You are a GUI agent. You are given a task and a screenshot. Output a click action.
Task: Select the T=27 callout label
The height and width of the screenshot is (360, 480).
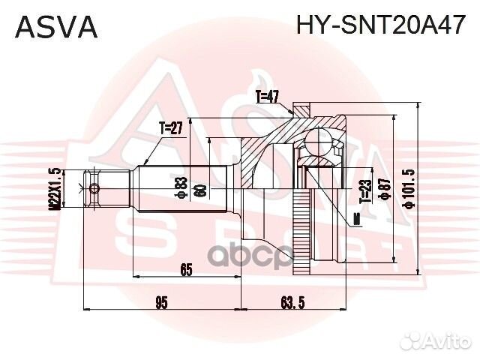171,128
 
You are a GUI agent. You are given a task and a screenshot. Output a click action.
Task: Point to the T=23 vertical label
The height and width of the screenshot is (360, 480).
363,191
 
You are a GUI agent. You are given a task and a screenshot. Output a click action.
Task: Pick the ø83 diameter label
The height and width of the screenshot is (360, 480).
181,186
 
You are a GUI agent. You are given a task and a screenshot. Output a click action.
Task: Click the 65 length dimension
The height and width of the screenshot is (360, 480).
186,268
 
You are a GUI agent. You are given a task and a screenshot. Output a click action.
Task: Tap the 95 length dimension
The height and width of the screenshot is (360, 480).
160,302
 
